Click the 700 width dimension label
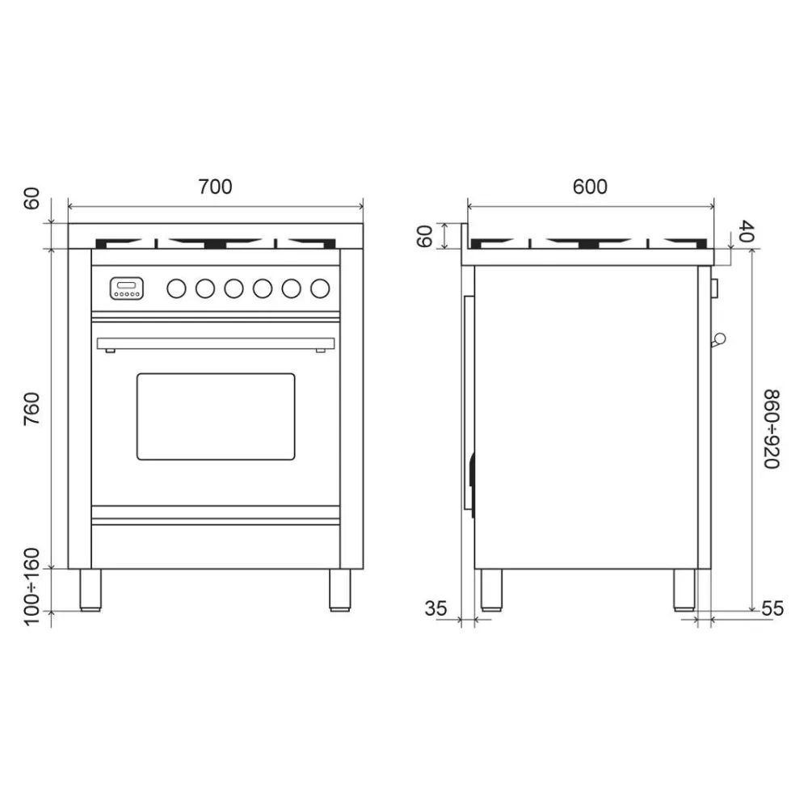(x=215, y=187)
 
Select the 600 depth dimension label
(x=590, y=187)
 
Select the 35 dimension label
(x=436, y=608)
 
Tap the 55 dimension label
(x=772, y=608)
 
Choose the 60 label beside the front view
(x=32, y=199)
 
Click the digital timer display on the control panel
(x=128, y=287)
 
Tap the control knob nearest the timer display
(x=176, y=287)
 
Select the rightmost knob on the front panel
(x=321, y=287)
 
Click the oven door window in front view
(x=216, y=416)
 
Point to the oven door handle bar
(x=216, y=343)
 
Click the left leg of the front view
(x=90, y=589)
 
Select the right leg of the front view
(x=340, y=589)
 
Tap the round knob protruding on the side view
(x=719, y=339)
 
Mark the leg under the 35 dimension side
(x=490, y=589)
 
